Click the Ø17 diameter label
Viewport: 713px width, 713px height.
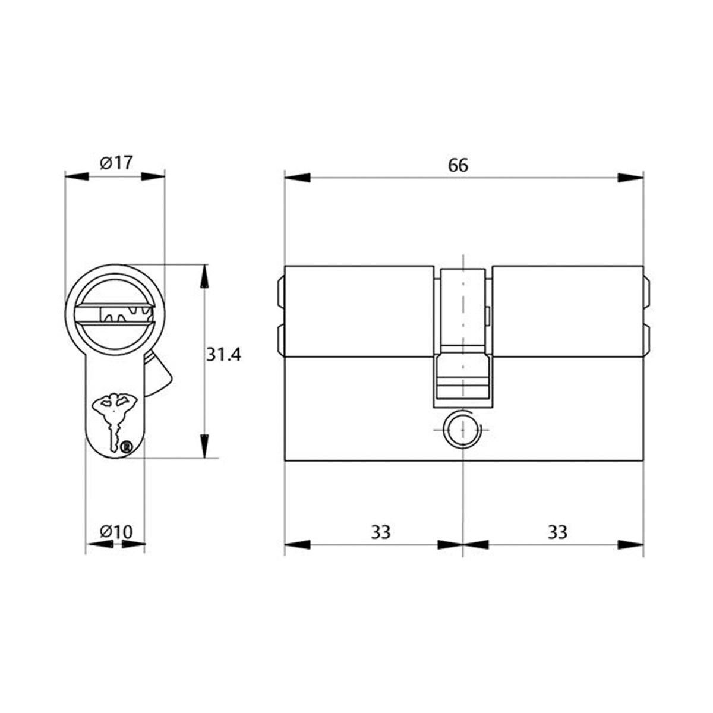pos(115,162)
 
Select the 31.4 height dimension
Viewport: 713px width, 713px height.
pos(223,355)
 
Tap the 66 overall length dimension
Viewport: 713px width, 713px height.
pos(458,165)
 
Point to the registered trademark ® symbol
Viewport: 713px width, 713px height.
pos(126,447)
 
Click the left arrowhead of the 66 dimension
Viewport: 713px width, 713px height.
pos(297,177)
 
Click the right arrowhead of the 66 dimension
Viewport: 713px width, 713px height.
pos(630,177)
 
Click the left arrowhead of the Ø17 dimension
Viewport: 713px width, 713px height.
pos(77,176)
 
